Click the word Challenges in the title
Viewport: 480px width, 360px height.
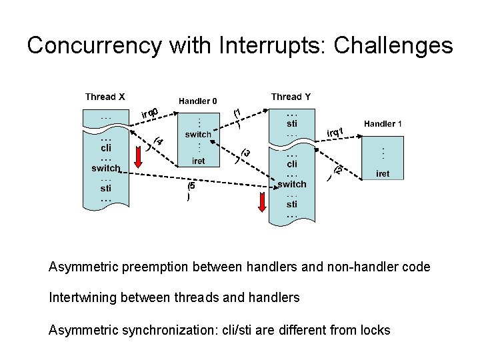[x=393, y=45]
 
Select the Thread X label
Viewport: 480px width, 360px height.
[x=105, y=97]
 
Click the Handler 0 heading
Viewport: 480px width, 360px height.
[x=197, y=101]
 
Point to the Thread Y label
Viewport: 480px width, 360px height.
[x=291, y=97]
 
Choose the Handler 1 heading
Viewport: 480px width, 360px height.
[x=383, y=124]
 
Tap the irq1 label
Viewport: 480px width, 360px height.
[x=335, y=132]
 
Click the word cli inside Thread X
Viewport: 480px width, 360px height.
[x=105, y=149]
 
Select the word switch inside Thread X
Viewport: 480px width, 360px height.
[x=105, y=169]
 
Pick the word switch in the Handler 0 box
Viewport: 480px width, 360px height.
[x=198, y=134]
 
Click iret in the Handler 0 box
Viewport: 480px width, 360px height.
[x=198, y=160]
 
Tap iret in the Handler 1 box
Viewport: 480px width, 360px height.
[x=382, y=173]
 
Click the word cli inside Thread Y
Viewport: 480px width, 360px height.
[x=292, y=164]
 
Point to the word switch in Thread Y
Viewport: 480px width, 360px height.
[x=292, y=183]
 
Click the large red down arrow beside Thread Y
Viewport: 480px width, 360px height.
[x=263, y=200]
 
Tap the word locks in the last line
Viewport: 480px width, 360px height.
[x=375, y=329]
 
